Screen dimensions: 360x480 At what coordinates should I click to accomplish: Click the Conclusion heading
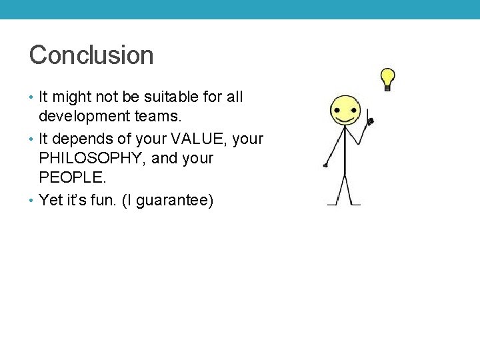pyautogui.click(x=91, y=55)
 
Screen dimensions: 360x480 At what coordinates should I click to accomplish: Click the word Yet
pyautogui.click(x=51, y=200)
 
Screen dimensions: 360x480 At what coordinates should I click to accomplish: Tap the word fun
pyautogui.click(x=105, y=200)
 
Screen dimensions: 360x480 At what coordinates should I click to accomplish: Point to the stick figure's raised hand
pyautogui.click(x=370, y=121)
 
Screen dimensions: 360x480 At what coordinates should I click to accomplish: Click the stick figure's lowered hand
pyautogui.click(x=325, y=165)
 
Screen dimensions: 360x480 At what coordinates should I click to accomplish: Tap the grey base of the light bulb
pyautogui.click(x=387, y=87)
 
